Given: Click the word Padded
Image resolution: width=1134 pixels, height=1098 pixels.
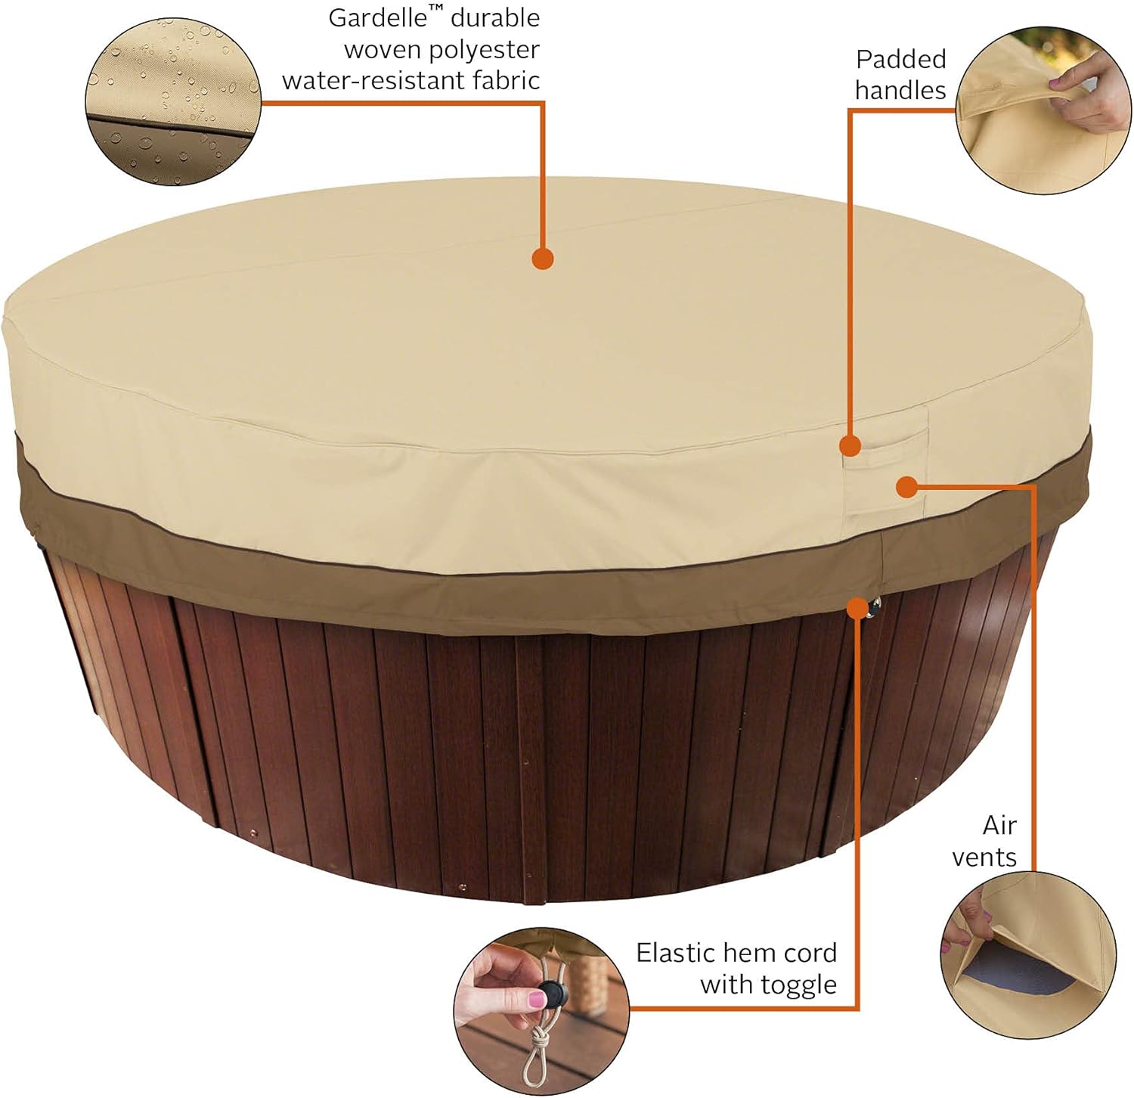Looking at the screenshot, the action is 901,59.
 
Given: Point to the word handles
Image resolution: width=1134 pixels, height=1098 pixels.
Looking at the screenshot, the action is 900,90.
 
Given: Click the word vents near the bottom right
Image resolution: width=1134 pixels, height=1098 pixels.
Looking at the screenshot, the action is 984,858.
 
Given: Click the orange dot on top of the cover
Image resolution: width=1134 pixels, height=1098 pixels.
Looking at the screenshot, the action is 543,259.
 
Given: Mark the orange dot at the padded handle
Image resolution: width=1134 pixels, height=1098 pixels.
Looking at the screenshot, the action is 850,445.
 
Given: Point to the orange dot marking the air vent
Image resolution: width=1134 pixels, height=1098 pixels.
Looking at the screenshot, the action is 906,487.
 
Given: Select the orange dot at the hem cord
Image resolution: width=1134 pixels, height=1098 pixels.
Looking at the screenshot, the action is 857,607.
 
